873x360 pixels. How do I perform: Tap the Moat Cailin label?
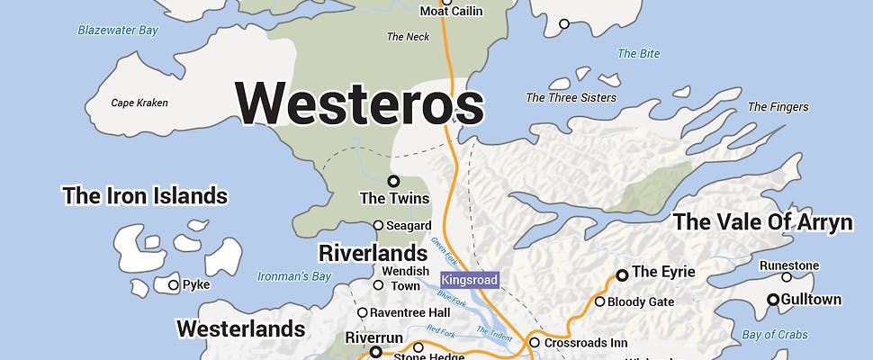point(452,12)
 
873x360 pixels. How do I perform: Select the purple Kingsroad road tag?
point(470,281)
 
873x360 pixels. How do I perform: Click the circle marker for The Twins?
point(393,181)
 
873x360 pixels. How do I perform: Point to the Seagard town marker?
point(378,225)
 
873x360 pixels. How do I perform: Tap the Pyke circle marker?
point(174,285)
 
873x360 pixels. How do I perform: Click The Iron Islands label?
point(144,195)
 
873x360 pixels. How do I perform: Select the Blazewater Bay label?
point(117,31)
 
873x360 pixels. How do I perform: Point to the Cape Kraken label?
point(139,103)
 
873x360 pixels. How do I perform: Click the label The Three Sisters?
point(571,97)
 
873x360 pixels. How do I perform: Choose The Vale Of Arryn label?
point(762,222)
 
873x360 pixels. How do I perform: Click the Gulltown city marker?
point(772,300)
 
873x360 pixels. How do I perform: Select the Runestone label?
point(789,265)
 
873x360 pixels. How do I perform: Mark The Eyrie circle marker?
point(621,274)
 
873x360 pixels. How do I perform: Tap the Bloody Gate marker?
point(599,301)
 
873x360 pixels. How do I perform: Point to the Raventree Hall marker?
point(362,313)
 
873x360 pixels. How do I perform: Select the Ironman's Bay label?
point(294,276)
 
